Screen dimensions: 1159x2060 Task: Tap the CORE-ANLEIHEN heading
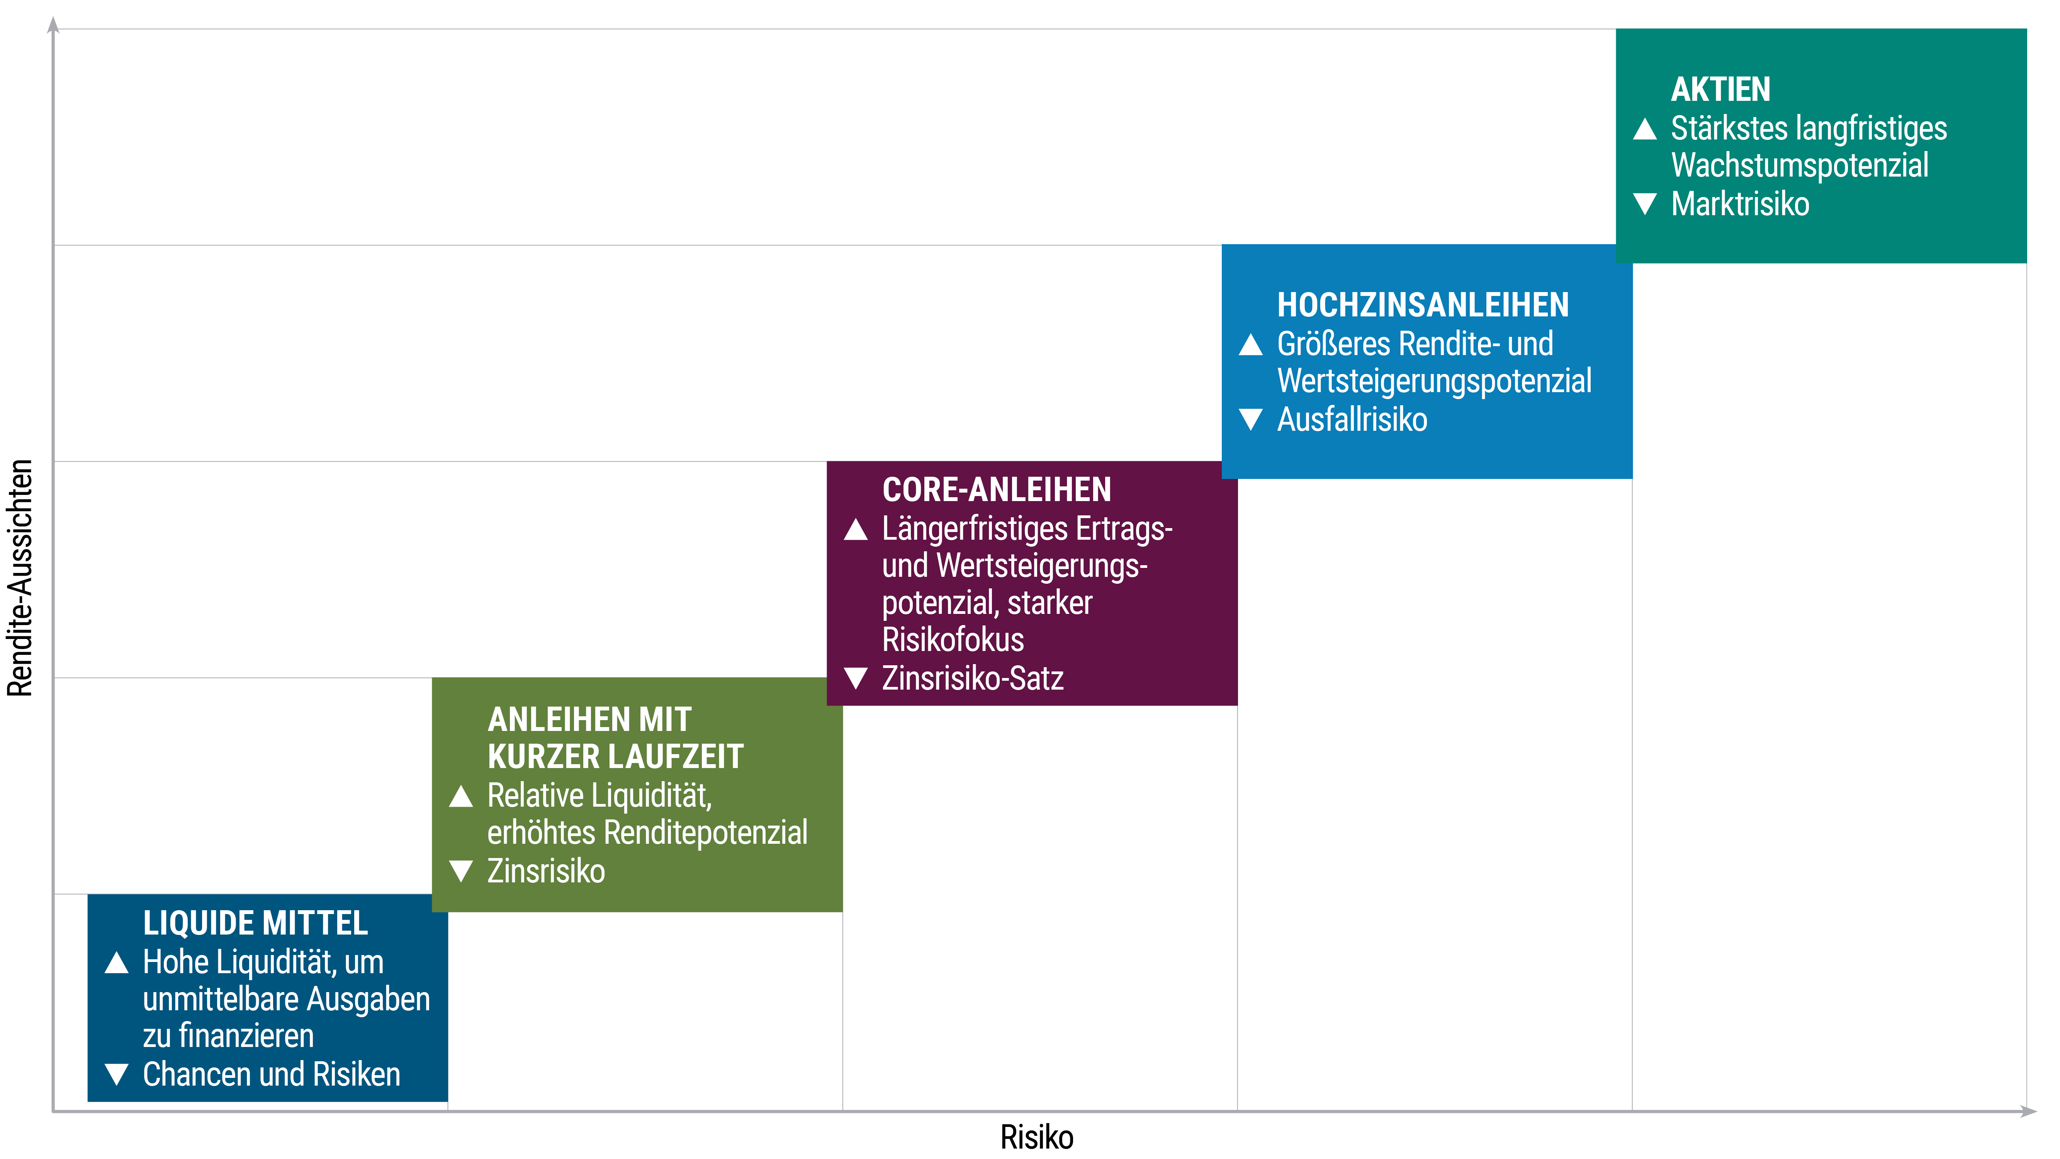coord(997,489)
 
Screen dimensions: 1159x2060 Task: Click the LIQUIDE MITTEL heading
coord(255,923)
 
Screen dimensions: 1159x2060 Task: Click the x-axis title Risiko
coord(1036,1137)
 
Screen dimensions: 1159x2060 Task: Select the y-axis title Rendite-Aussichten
coord(20,578)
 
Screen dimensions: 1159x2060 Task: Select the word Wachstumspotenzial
coord(1799,166)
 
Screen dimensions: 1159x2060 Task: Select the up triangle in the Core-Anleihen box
coord(856,530)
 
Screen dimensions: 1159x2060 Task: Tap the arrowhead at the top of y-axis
coord(54,25)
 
